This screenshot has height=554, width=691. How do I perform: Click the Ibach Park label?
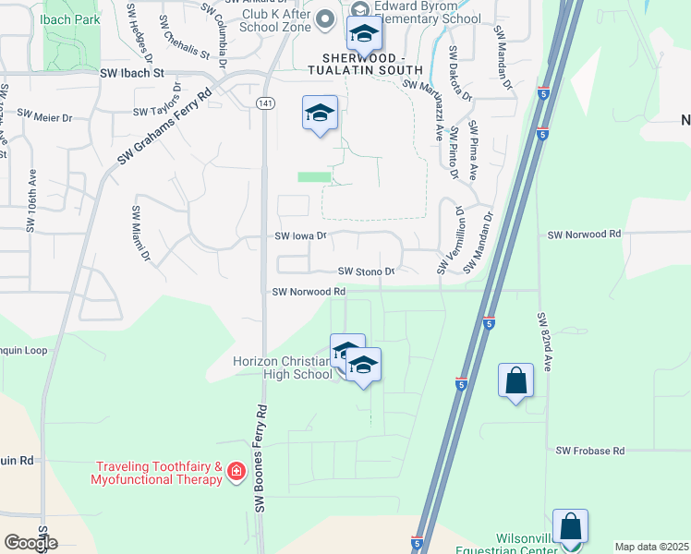72,18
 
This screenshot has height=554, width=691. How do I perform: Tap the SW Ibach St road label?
132,72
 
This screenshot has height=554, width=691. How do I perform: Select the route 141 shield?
265,102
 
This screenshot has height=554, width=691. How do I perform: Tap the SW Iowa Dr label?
301,236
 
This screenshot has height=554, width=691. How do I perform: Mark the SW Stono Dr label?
366,271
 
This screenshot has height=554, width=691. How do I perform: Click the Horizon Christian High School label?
282,367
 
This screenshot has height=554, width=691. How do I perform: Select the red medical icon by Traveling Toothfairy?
236,473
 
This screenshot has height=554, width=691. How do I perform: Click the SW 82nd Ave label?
545,342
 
